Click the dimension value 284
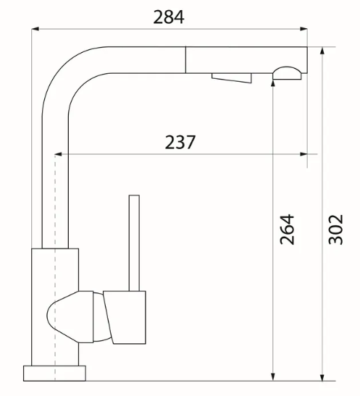point(168,17)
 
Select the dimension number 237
point(180,142)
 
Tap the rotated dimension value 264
point(288,229)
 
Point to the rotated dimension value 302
point(336,229)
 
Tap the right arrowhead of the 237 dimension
point(304,154)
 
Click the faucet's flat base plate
point(54,374)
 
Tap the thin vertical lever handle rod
point(133,243)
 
